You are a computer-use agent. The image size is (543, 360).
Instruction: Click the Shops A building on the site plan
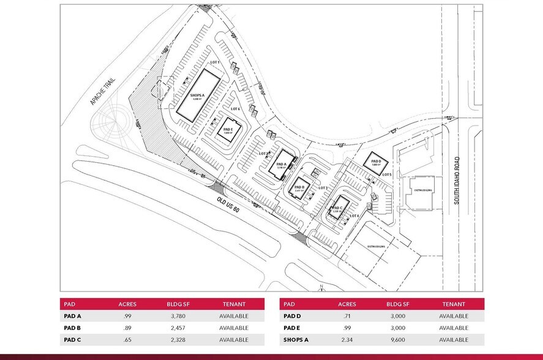coord(199,94)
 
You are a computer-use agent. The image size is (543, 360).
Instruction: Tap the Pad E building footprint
coord(227,129)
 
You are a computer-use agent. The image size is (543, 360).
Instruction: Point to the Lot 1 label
coord(214,63)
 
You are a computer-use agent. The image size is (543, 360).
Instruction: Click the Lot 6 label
coord(234,109)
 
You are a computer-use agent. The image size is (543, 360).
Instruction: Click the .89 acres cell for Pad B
coord(127,328)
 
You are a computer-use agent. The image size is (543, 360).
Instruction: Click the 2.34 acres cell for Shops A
coord(346,339)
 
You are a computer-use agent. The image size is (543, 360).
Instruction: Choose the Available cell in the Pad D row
coord(453,317)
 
